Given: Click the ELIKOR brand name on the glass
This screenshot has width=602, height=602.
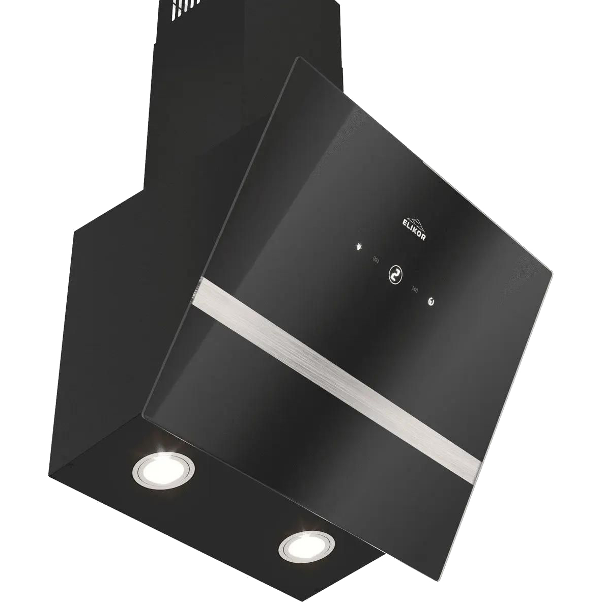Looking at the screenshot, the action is (x=414, y=230).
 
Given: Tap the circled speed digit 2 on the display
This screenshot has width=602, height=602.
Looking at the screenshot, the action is (x=395, y=275).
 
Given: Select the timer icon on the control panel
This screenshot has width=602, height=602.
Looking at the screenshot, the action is (x=432, y=302).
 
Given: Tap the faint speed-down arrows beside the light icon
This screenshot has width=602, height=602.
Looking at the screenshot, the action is (x=376, y=260).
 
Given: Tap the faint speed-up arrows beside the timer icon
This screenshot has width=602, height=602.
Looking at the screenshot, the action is (x=415, y=289).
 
